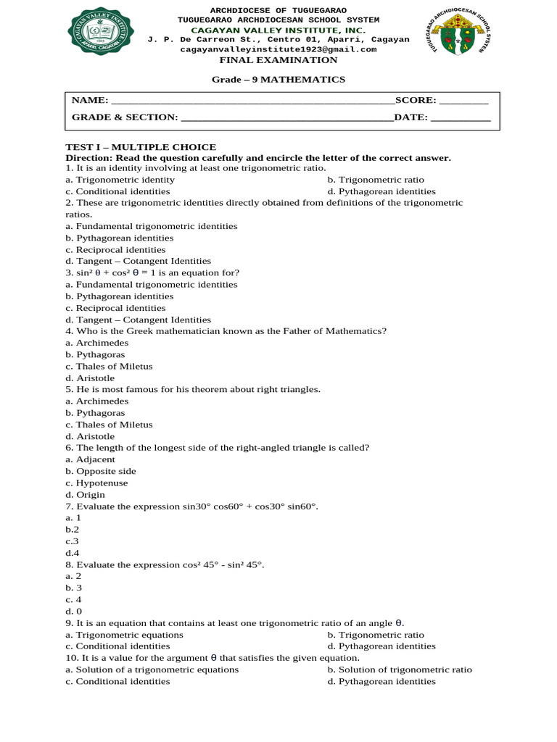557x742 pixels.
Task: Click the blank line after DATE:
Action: tap(461, 117)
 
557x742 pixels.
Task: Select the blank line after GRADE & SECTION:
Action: tap(286, 117)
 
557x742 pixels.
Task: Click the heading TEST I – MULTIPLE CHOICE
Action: tap(141, 147)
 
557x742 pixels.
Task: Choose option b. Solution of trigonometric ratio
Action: tap(400, 670)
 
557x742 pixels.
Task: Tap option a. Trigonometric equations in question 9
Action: tap(124, 635)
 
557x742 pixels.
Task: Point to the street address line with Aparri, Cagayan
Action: tap(278, 39)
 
